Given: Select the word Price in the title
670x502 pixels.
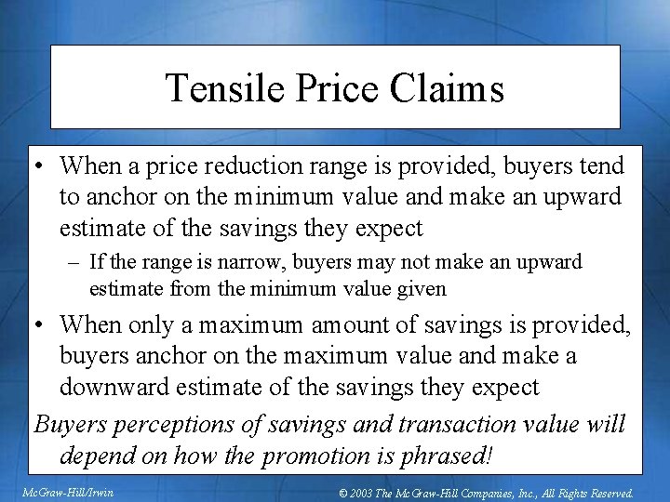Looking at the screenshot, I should (x=331, y=88).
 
